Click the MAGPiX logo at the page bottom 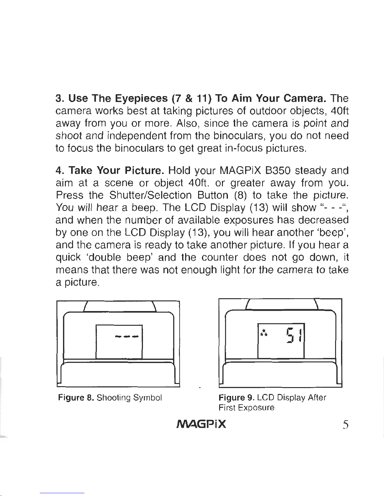201,424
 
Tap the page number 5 345,425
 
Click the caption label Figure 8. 76,398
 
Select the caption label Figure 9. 236,398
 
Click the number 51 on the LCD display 294,336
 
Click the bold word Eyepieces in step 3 141,98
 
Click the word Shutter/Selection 150,195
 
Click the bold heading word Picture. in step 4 145,171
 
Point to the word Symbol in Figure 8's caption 147,398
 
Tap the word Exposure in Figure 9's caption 256,408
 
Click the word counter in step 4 220,258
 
